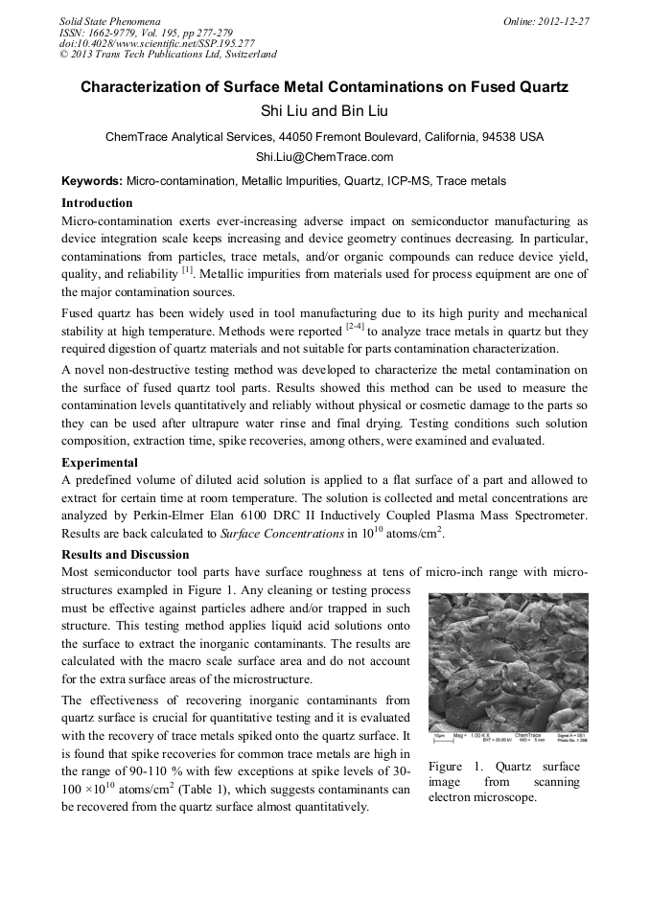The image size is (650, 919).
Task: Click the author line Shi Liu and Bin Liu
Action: pyautogui.click(x=324, y=112)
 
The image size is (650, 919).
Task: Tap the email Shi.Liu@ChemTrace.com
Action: pyautogui.click(x=324, y=157)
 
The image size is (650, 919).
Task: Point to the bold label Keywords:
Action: pyautogui.click(x=92, y=181)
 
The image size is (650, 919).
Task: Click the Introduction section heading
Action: pyautogui.click(x=97, y=203)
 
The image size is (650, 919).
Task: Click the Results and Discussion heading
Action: pyautogui.click(x=125, y=555)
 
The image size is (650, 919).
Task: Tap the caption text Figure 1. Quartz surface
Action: pyautogui.click(x=503, y=767)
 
